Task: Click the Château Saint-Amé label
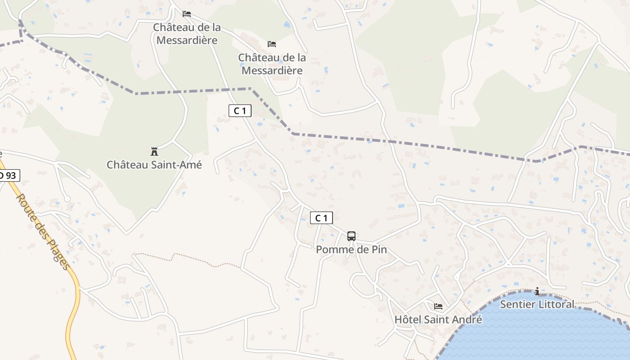154,165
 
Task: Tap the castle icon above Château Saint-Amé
154,151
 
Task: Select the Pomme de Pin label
351,249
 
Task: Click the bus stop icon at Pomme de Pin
351,236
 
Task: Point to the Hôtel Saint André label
438,319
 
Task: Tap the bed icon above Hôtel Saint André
438,306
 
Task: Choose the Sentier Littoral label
537,304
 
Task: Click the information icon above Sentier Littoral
537,292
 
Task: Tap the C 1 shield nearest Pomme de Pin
321,218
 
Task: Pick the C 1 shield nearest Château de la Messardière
240,111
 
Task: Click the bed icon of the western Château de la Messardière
187,14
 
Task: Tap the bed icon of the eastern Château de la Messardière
272,44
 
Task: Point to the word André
466,319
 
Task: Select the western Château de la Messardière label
187,34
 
